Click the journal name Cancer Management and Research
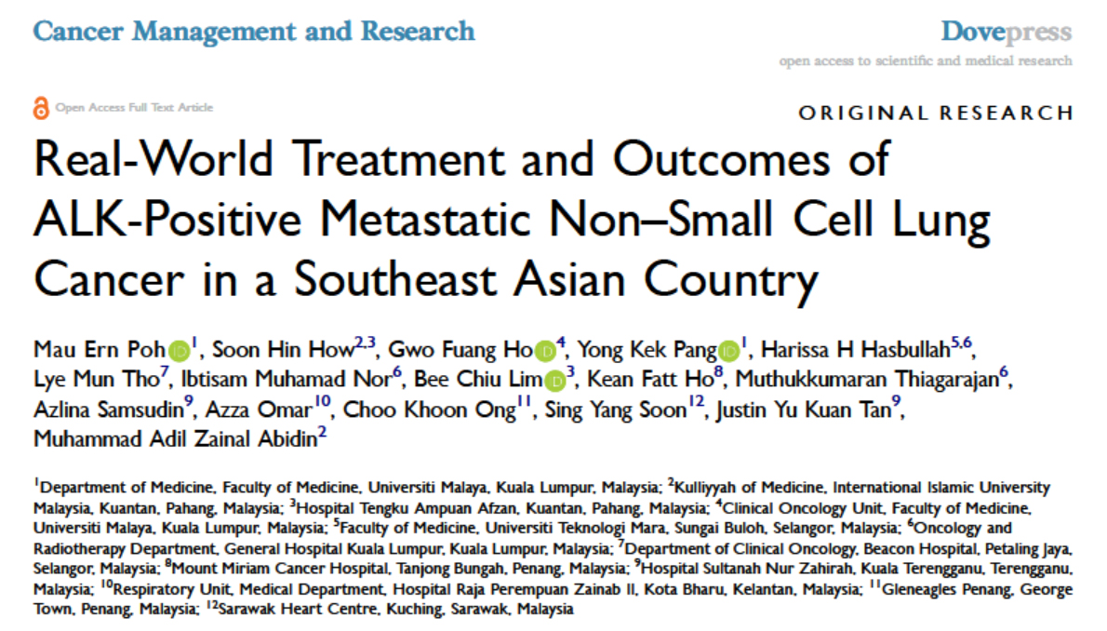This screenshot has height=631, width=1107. [x=254, y=31]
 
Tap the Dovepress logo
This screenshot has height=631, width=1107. [x=1006, y=32]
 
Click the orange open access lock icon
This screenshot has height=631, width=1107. [x=40, y=107]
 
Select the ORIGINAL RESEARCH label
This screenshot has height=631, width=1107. [x=936, y=114]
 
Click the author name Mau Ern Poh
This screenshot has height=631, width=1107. [x=100, y=351]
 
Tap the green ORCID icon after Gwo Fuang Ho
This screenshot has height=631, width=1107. [x=546, y=352]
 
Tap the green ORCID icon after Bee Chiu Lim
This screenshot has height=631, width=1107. [x=555, y=381]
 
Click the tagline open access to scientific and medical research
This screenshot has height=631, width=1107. [x=926, y=60]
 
